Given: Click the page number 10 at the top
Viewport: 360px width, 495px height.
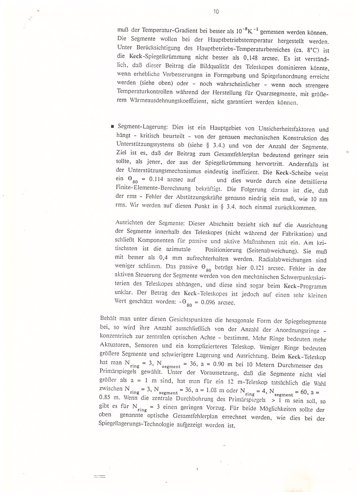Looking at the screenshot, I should (x=216, y=12).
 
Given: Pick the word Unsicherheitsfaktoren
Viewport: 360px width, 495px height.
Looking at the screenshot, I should (x=286, y=129).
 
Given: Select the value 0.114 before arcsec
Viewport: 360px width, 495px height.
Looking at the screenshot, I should (x=155, y=179).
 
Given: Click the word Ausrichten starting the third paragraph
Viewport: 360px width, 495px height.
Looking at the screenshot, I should (x=129, y=223).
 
